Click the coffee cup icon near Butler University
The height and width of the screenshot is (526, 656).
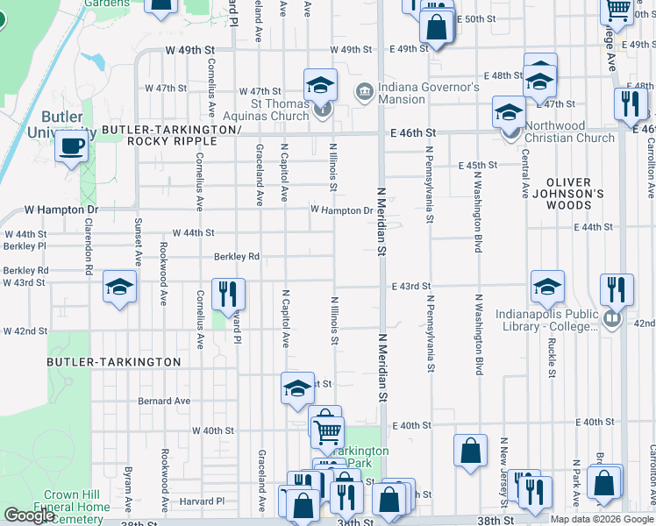72,146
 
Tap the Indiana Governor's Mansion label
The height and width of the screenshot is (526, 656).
429,93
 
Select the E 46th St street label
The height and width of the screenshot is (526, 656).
413,132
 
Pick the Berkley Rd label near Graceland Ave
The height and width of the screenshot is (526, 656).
237,257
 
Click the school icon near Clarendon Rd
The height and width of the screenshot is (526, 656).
120,286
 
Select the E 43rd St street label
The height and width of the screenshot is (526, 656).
411,287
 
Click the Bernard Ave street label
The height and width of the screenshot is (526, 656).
164,402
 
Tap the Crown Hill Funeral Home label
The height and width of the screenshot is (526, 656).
72,501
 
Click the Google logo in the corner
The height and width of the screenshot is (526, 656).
28,515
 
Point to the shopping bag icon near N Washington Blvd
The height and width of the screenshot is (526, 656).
471,450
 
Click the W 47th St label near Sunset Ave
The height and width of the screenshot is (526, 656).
166,89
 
